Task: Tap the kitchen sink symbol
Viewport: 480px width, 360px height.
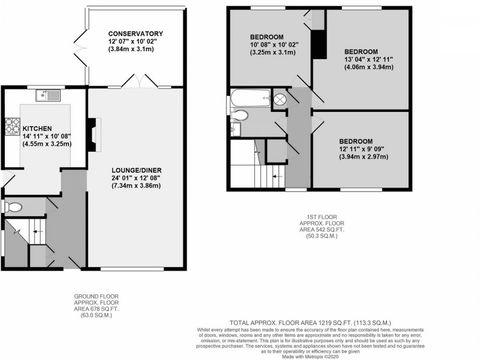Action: tap(48, 95)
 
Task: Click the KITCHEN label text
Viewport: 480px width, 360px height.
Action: tap(37, 129)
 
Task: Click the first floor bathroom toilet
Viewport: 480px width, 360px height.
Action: tap(240, 115)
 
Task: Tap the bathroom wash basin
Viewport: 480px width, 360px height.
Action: tap(235, 129)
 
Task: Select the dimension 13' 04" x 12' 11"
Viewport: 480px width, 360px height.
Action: tap(369, 59)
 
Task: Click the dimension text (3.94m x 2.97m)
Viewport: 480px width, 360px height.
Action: tap(363, 156)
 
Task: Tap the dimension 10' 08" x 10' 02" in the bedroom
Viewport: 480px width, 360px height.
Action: tap(274, 45)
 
